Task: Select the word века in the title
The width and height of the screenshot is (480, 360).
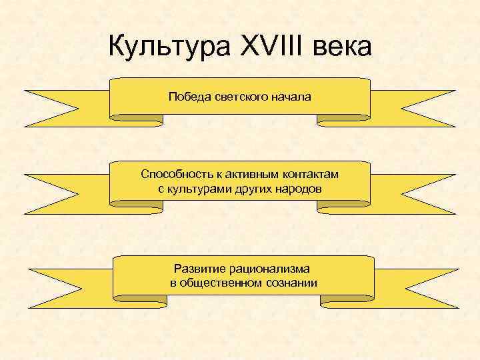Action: pos(341,48)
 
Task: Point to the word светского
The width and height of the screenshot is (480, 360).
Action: pos(241,97)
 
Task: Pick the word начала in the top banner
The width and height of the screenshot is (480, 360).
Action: pos(291,97)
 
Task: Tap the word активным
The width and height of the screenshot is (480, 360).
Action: pos(245,175)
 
